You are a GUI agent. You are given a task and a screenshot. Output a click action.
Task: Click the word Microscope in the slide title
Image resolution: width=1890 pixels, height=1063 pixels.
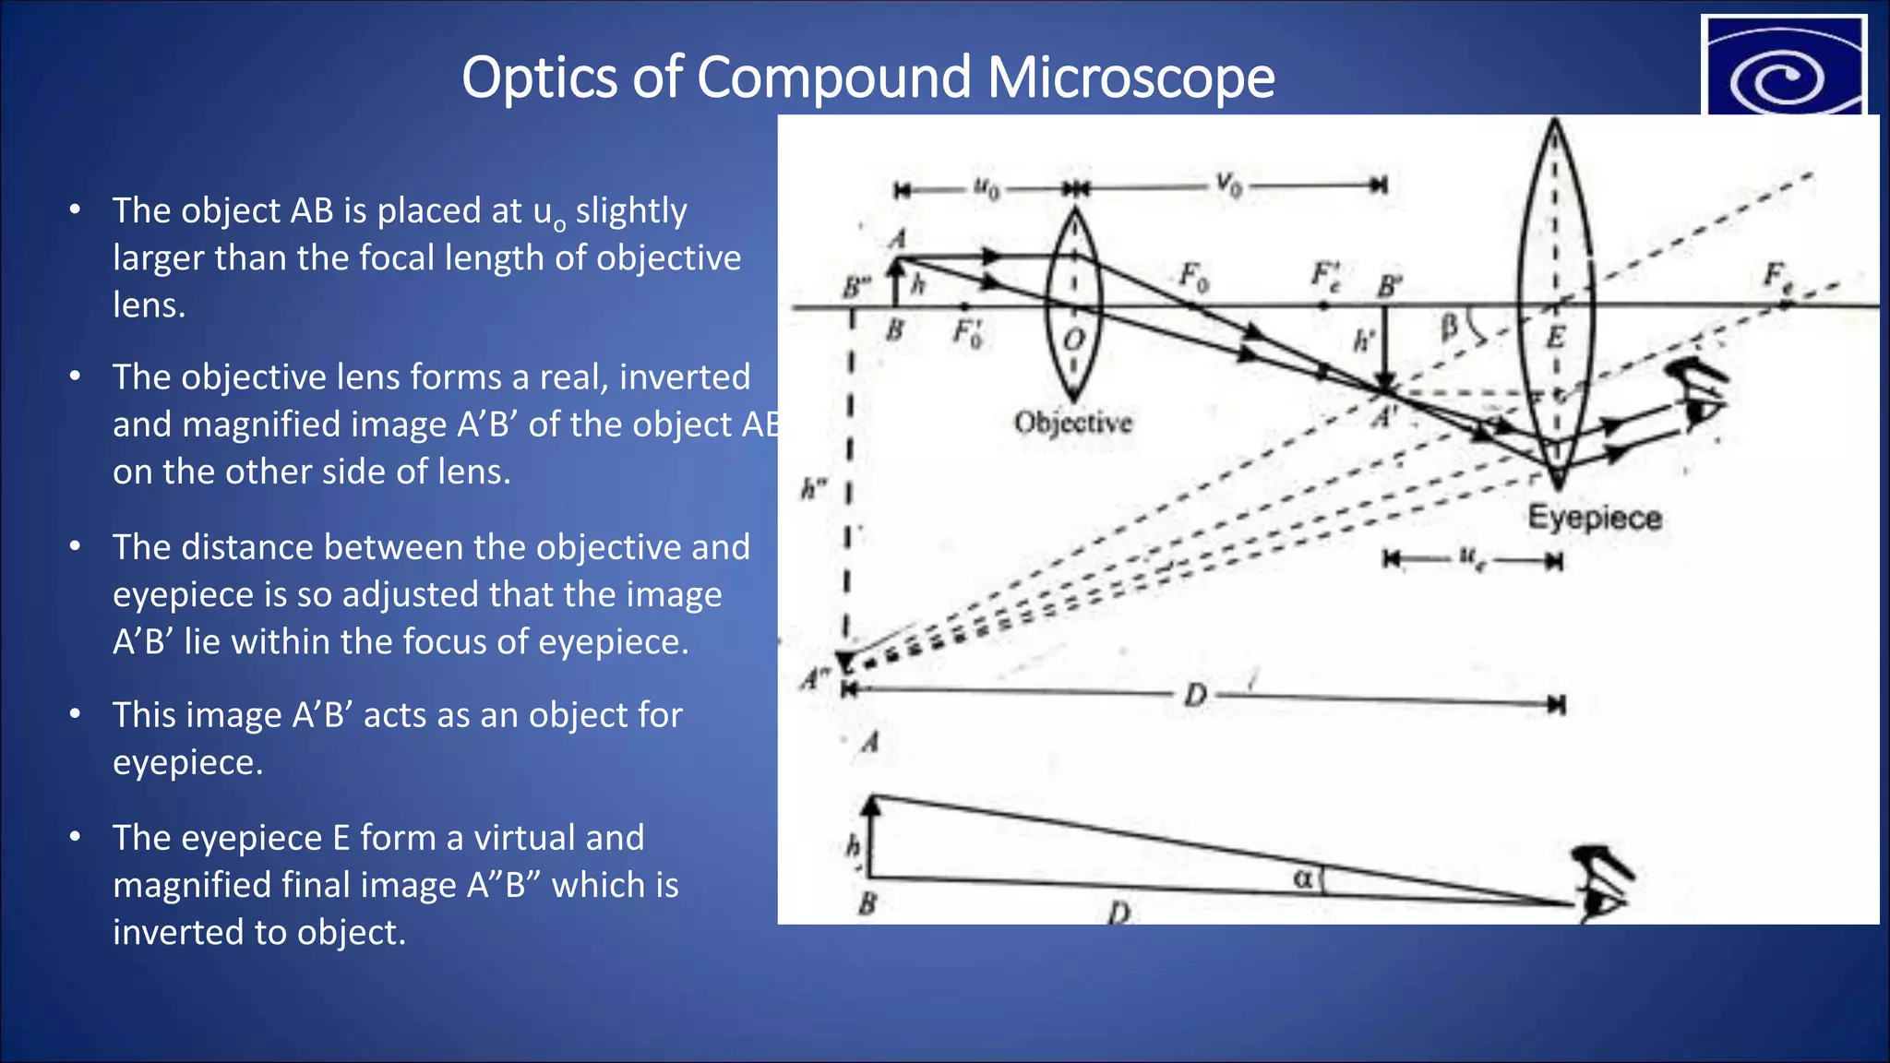coord(1130,77)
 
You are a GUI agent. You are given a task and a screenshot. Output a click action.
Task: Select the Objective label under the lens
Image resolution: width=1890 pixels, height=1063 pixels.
coord(1072,423)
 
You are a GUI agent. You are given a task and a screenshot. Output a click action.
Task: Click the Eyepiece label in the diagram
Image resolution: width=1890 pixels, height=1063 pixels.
coord(1595,518)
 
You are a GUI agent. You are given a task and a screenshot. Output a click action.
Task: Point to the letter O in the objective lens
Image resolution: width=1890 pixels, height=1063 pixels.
coord(1073,340)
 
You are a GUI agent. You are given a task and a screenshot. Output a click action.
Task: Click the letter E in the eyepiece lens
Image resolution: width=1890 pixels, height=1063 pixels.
coord(1556,338)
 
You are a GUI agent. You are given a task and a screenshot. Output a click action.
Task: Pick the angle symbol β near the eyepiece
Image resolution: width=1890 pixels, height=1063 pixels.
coord(1450,325)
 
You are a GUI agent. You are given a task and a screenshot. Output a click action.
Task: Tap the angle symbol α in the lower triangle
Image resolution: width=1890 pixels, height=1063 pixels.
coord(1302,878)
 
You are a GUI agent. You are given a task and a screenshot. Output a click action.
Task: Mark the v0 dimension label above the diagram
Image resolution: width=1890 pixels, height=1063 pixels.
coord(1228,184)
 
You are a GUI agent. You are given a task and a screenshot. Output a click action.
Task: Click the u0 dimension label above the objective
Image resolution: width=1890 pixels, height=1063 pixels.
coord(987,187)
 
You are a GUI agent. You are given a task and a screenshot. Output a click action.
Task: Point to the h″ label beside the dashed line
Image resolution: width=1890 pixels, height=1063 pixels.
coord(813,488)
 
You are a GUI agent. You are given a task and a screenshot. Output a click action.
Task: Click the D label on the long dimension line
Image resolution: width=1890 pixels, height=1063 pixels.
coord(1195,695)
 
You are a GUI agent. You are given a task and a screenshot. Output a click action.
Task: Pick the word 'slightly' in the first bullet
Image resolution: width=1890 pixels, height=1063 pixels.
coord(631,211)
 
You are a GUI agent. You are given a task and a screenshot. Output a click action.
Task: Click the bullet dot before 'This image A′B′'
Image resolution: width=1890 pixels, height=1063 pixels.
coord(76,713)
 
